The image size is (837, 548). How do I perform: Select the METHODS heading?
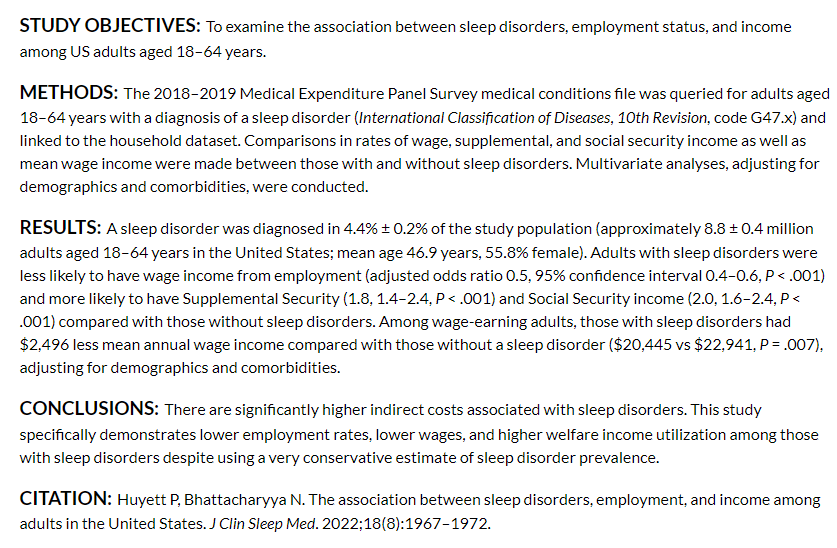pos(68,93)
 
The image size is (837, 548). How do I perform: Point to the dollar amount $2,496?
pos(44,345)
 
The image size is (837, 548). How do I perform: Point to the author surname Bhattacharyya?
pos(239,499)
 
